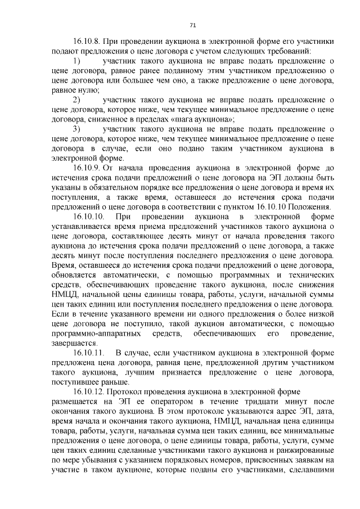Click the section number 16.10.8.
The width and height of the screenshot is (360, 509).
(87, 41)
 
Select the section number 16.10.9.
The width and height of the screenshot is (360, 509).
(87, 168)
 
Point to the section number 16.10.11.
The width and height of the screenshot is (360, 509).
(89, 353)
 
